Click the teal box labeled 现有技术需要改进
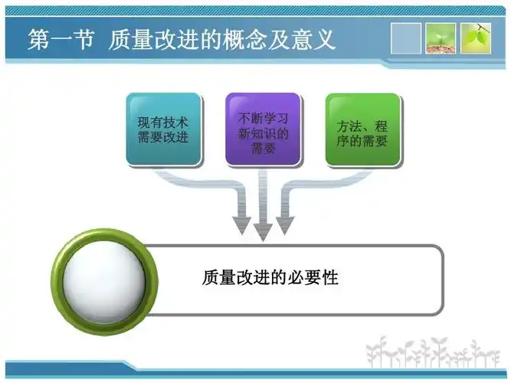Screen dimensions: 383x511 coord(163,129)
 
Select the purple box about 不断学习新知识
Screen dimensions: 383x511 coord(263,129)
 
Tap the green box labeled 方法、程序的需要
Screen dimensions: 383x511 coord(362,129)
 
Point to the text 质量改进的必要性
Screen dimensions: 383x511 coord(270,277)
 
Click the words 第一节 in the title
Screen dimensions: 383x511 coord(61,39)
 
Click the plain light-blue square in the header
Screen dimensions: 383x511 coord(406,38)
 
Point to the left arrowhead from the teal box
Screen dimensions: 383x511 coord(242,226)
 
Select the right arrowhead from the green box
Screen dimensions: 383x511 coord(285,226)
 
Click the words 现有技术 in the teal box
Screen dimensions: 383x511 coord(163,122)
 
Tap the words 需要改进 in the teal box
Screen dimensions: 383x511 coord(163,138)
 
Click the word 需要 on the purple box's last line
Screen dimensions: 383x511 coord(263,149)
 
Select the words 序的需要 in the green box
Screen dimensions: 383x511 coord(362,141)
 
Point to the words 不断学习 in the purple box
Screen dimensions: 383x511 coord(263,118)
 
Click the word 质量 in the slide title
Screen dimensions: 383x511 coord(126,39)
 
